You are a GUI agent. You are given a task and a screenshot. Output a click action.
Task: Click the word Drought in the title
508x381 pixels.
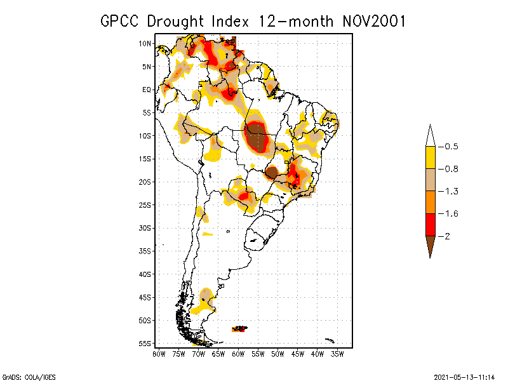176,21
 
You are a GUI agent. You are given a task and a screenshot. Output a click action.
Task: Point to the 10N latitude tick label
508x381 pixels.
145,43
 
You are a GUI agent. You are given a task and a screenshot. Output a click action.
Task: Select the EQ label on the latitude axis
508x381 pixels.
147,90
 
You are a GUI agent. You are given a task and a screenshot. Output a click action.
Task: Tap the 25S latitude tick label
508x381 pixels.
145,204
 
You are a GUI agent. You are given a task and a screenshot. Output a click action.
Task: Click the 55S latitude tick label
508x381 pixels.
145,343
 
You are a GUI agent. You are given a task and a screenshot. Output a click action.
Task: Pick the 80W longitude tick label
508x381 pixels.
159,354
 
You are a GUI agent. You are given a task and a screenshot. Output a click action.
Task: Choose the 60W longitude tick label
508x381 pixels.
238,354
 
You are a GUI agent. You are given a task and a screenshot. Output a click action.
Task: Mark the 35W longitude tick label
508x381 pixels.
337,354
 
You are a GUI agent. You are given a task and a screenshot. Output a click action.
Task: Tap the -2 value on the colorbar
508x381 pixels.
446,236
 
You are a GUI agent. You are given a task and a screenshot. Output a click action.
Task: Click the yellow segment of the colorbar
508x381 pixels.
430,157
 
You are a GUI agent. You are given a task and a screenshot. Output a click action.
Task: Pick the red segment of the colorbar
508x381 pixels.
430,224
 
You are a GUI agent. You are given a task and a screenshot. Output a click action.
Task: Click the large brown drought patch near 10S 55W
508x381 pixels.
257,135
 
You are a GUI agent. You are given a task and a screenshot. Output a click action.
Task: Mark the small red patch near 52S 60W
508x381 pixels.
240,328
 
